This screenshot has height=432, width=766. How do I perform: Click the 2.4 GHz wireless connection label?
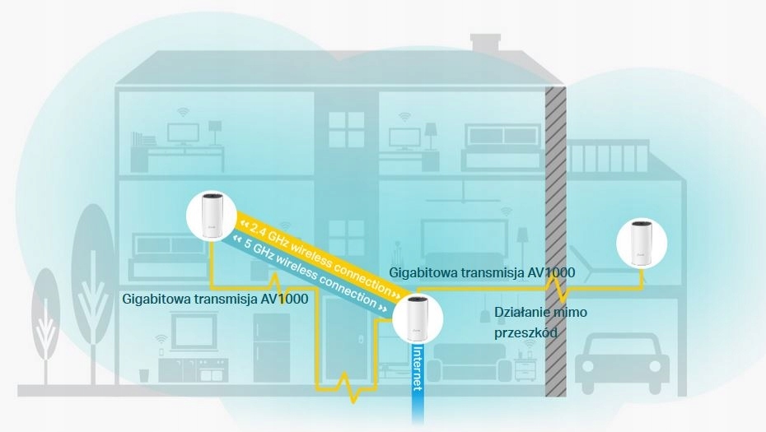pos(315,255)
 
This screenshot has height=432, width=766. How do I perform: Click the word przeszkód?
pos(526,333)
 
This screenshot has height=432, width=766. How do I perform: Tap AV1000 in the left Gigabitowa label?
pos(285,300)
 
